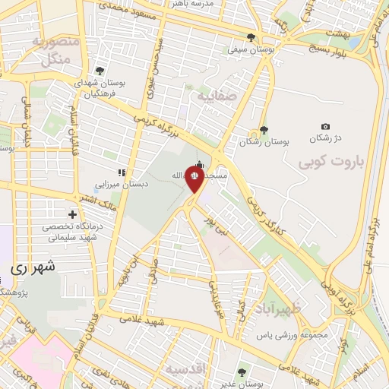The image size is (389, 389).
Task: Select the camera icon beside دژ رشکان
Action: click(x=326, y=126)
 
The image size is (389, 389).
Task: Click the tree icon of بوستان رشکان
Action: click(x=264, y=130)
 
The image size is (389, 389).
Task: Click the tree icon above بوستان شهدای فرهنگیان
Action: click(x=100, y=71)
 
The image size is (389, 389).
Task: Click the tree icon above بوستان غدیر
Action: click(x=242, y=372)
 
